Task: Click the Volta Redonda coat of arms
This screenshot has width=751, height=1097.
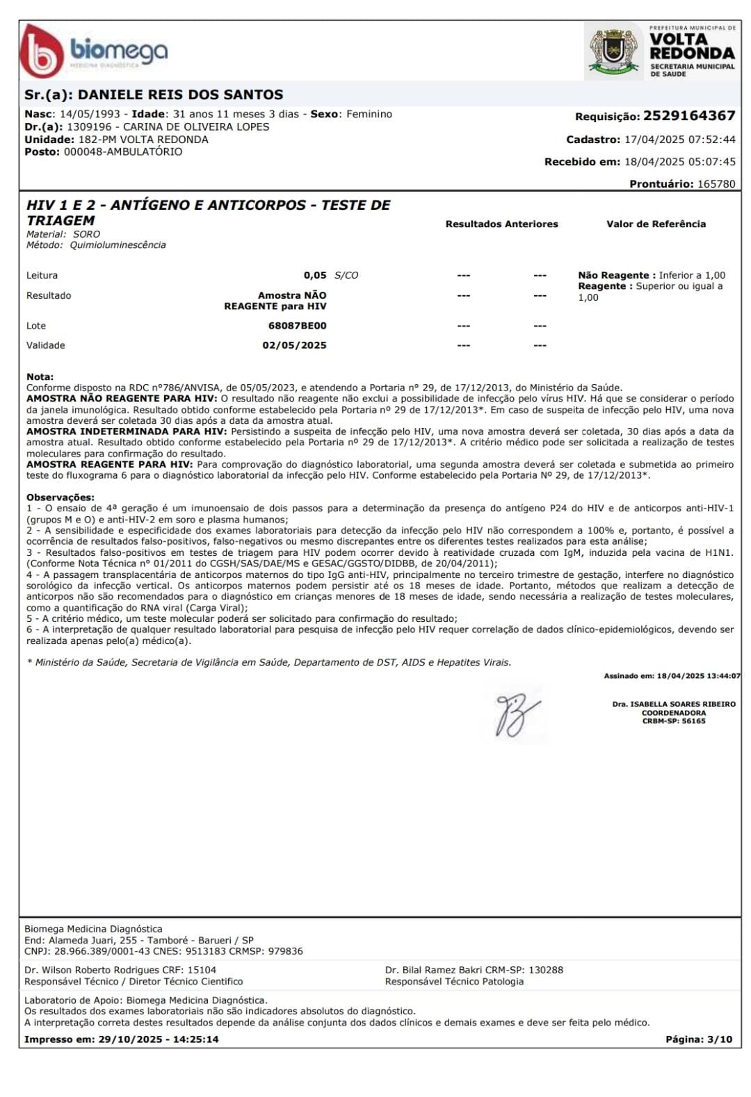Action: [x=613, y=50]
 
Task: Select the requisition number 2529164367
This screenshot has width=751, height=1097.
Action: [x=688, y=116]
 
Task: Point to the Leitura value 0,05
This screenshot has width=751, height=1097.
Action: [x=315, y=275]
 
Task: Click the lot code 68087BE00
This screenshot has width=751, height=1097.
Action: [x=297, y=325]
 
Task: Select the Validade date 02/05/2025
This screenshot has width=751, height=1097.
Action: [x=294, y=345]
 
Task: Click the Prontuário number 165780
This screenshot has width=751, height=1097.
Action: [x=716, y=184]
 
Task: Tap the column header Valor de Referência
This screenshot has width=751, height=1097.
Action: [x=656, y=224]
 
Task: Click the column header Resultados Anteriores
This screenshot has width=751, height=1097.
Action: [x=501, y=224]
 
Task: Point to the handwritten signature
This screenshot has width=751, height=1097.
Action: [x=516, y=714]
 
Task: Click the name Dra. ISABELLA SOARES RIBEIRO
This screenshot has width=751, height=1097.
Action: [x=673, y=704]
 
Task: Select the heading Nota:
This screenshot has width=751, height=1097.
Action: [x=40, y=376]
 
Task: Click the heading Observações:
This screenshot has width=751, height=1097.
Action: [x=60, y=497]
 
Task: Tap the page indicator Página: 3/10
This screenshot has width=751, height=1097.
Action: [x=698, y=1039]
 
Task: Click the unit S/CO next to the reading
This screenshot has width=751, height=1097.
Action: [x=346, y=275]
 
